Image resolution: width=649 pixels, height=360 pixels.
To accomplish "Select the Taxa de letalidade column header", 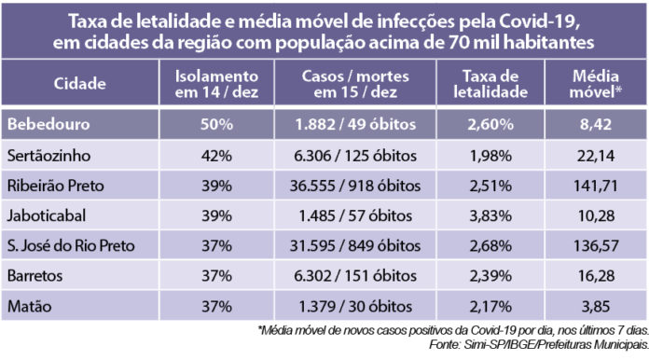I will [495, 85].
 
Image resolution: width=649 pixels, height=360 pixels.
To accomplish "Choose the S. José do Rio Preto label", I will [71, 245].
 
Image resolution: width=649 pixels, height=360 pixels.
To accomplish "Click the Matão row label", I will [31, 305].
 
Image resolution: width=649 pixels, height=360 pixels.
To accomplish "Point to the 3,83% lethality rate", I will [495, 215].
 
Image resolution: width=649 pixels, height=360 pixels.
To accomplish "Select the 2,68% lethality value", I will [495, 245].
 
